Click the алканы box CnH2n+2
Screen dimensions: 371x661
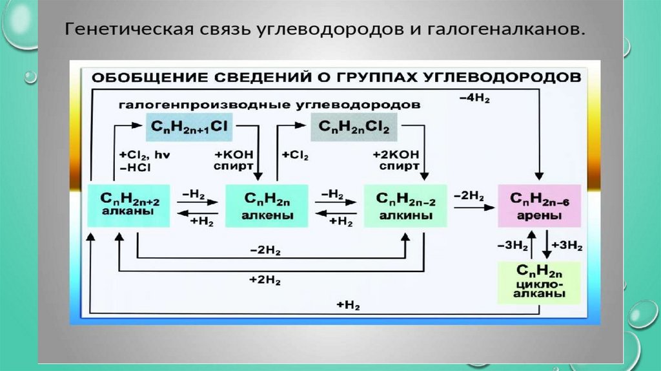128,205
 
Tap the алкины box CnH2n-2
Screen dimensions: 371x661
405,205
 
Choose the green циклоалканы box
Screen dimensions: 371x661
540,282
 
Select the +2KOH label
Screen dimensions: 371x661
395,156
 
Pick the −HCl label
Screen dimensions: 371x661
135,168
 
